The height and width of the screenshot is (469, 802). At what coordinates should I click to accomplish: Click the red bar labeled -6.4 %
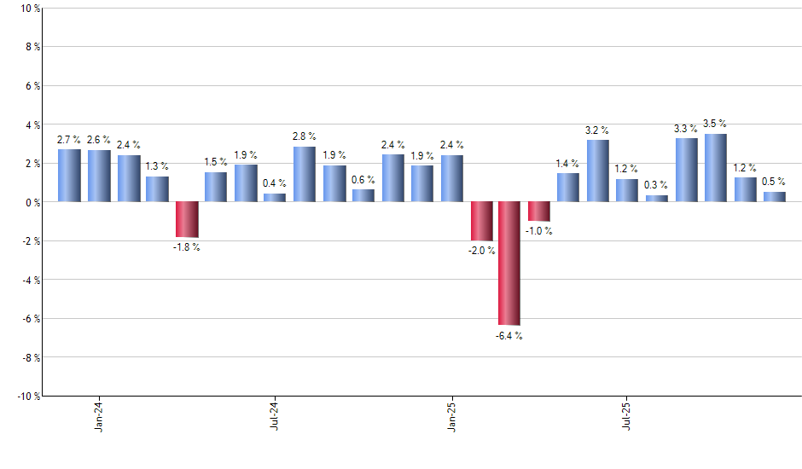point(509,263)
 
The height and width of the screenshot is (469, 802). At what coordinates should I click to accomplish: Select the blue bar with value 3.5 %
point(716,168)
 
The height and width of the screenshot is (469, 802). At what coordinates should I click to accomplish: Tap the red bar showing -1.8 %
point(187,219)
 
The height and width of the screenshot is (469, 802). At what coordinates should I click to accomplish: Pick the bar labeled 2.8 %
point(305,174)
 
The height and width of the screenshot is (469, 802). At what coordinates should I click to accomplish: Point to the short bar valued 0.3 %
point(657,199)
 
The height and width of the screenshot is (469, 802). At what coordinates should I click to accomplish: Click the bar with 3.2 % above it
point(598,171)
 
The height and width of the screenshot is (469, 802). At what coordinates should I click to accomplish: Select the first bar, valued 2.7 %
point(69,176)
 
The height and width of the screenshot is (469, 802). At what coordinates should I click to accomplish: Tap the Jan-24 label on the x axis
point(99,415)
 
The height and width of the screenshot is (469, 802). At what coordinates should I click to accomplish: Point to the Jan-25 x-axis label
point(451,415)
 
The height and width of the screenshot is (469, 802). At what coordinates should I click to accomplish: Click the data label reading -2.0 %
point(480,251)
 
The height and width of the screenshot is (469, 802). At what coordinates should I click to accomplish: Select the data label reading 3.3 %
point(686,129)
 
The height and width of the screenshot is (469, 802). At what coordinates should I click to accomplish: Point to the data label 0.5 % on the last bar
point(774,182)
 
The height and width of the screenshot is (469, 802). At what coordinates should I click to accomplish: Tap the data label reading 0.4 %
point(275,183)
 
